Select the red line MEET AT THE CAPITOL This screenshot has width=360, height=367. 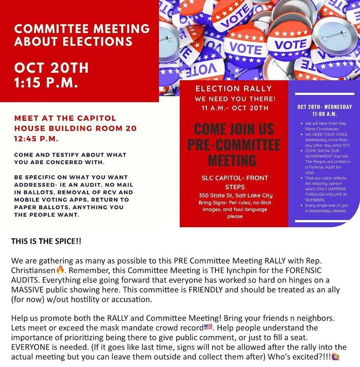[65, 118]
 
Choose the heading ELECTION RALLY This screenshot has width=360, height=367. [234, 88]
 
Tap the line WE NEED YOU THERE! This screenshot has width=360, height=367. [234, 98]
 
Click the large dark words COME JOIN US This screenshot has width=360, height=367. [234, 130]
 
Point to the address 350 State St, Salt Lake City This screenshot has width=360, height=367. [234, 195]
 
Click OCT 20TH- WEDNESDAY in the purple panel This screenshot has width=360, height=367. [324, 107]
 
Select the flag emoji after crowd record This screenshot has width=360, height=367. [208, 327]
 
